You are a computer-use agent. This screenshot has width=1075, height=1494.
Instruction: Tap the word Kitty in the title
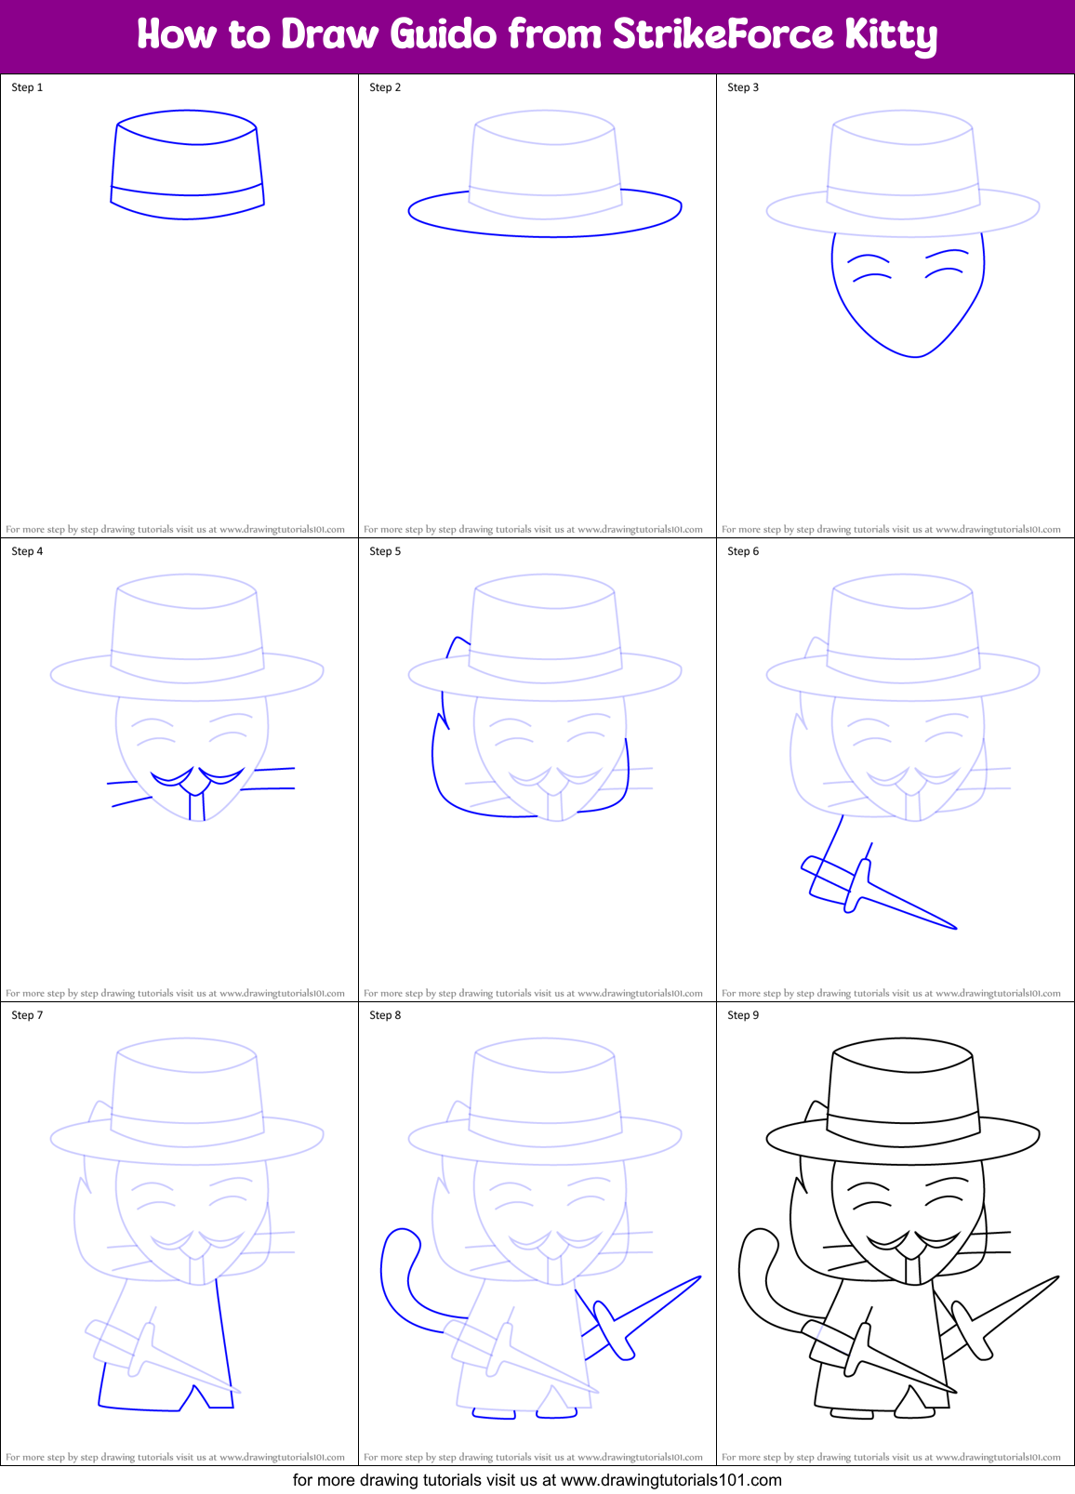pos(890,35)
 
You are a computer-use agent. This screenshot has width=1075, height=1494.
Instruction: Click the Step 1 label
pos(27,87)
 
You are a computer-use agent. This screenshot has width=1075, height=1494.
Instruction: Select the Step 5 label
pos(385,551)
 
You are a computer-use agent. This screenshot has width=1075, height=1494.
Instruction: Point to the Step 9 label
pos(743,1015)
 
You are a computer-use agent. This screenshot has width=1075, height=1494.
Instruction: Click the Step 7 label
pos(27,1015)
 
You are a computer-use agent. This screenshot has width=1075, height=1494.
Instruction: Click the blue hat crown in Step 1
pos(187,158)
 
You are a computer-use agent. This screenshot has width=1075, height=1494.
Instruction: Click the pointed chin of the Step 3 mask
pos(916,355)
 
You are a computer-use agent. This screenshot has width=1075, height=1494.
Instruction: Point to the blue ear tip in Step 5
pos(457,639)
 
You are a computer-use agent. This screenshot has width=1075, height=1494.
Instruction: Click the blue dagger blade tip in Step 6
pos(954,927)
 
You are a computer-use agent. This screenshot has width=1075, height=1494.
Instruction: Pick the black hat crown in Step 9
pos(903,1083)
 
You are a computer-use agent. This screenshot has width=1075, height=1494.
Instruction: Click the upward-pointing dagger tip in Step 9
pos(1056,1277)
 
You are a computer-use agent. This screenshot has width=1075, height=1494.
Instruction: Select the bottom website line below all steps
pos(537,1480)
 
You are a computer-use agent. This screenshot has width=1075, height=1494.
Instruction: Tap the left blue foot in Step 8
pos(493,1414)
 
